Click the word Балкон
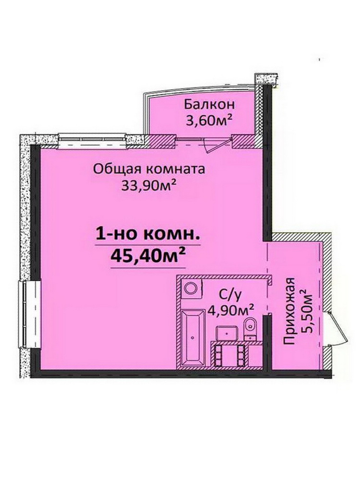(209, 104)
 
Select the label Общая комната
(149, 169)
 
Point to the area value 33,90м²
(149, 185)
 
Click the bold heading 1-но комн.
(148, 235)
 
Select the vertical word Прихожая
(289, 311)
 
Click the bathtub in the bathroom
(192, 337)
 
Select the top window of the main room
(92, 140)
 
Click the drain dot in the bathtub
(192, 337)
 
